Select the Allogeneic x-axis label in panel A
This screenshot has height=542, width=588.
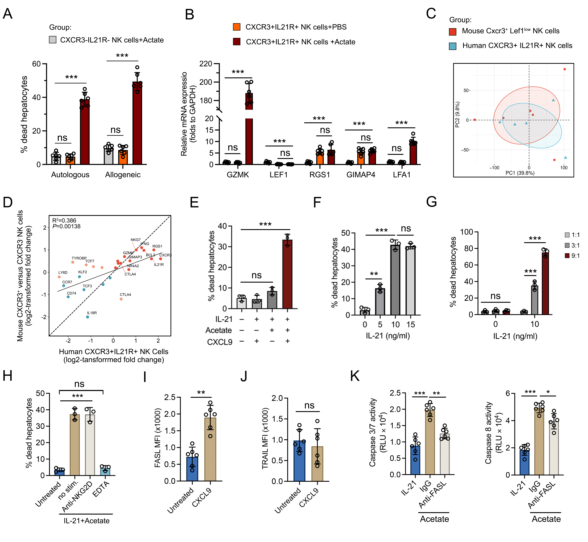click(123, 175)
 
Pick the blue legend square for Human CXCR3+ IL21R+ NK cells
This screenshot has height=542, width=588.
click(453, 46)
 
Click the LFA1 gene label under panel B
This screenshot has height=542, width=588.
click(401, 175)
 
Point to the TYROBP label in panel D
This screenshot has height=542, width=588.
click(79, 258)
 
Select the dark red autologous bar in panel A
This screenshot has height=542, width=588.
click(85, 132)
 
